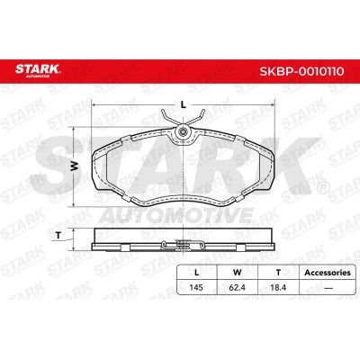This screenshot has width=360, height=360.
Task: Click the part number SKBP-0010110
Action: [301, 71]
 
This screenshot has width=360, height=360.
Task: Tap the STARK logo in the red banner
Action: [38, 70]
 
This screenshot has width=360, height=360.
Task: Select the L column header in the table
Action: [196, 273]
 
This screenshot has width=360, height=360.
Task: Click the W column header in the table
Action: [238, 273]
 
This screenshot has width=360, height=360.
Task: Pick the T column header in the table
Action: [278, 273]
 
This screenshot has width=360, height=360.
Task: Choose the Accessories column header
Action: [328, 273]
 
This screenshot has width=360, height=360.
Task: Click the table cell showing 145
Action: [196, 287]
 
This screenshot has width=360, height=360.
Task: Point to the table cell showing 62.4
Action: [238, 287]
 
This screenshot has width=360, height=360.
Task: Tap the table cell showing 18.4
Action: [278, 287]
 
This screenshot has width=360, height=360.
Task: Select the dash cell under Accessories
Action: [328, 288]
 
